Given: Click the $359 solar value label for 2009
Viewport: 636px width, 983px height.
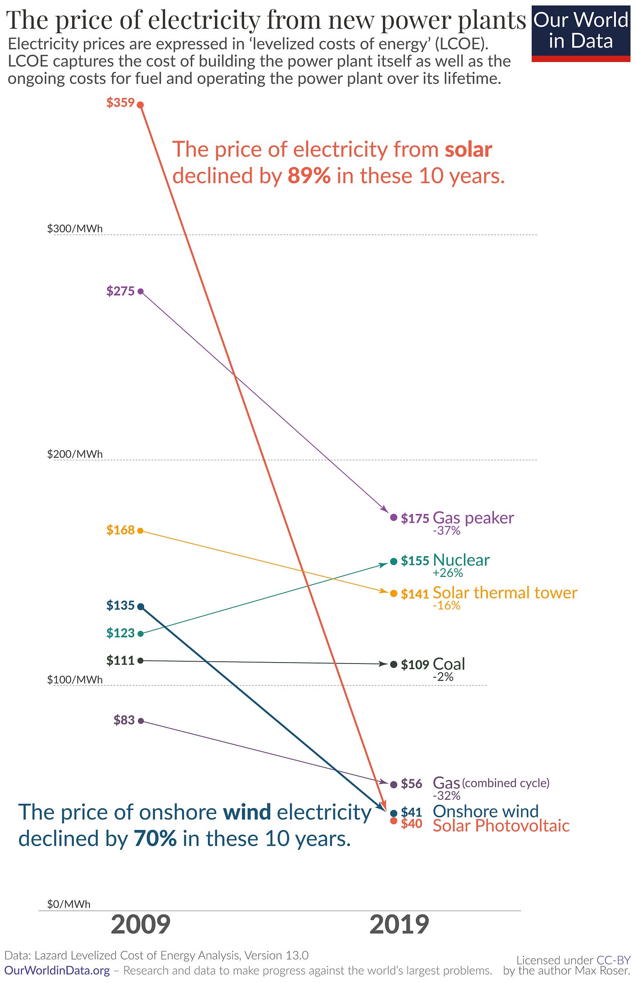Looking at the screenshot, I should [x=120, y=103].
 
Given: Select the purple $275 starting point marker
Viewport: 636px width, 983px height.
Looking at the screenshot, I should [x=141, y=292].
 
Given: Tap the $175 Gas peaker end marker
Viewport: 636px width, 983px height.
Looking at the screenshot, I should [x=394, y=518].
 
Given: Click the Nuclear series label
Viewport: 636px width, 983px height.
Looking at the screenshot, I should [x=461, y=560].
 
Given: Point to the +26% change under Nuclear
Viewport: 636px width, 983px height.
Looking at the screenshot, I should [x=448, y=573].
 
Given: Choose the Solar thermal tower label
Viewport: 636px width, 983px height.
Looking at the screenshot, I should [x=505, y=593].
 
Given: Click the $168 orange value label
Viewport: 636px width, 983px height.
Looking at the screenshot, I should [x=120, y=530].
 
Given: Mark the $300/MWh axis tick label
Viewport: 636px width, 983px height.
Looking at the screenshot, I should [x=75, y=229].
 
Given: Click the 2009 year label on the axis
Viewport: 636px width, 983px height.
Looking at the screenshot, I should [x=141, y=925].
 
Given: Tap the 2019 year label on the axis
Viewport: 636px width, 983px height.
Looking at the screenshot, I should [x=399, y=925].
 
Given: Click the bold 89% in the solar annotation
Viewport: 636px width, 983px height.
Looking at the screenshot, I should [x=309, y=176].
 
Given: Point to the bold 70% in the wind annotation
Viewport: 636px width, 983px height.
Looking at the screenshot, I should [x=155, y=838].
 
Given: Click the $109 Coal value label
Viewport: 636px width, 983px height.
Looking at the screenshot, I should [x=415, y=665].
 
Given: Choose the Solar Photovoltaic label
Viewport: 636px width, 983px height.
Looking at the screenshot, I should [x=501, y=826].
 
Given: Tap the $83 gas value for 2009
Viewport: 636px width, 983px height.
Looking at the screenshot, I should [x=124, y=720].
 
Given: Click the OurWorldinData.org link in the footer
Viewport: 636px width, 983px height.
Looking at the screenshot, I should [x=57, y=970].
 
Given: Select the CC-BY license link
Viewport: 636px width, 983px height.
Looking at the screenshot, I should [x=613, y=960].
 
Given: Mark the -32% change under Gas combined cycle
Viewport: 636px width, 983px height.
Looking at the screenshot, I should [x=446, y=795].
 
